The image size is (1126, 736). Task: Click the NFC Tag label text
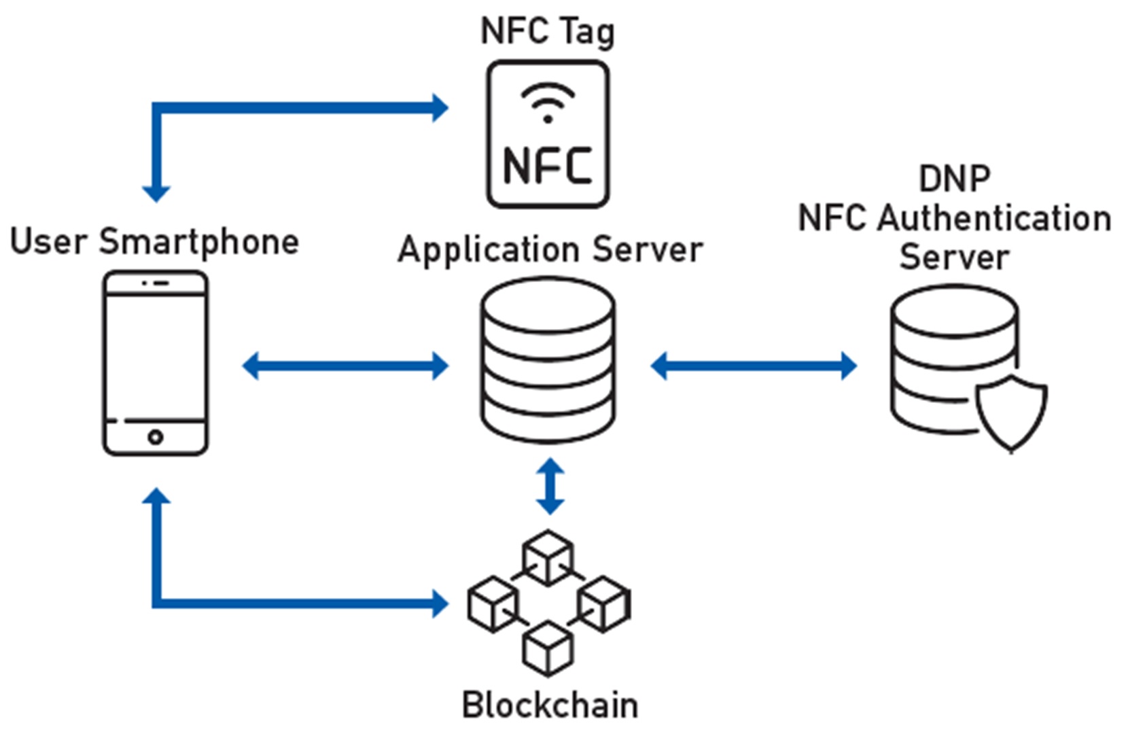[x=547, y=31]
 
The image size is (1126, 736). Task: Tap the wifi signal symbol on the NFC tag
[x=548, y=103]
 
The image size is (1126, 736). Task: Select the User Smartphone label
[x=155, y=242]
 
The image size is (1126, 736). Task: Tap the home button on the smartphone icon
[x=156, y=437]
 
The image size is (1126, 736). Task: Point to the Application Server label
[x=550, y=249]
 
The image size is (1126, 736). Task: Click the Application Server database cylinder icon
[x=548, y=360]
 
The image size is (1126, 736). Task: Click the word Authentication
[x=994, y=219]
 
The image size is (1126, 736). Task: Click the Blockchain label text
[x=550, y=705]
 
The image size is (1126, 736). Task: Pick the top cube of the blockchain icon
[x=548, y=557]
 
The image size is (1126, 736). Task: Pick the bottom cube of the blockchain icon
[x=548, y=648]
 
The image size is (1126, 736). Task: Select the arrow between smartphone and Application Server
[x=345, y=366]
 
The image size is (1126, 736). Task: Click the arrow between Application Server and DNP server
[x=754, y=366]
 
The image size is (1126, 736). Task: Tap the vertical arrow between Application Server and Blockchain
[x=550, y=486]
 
